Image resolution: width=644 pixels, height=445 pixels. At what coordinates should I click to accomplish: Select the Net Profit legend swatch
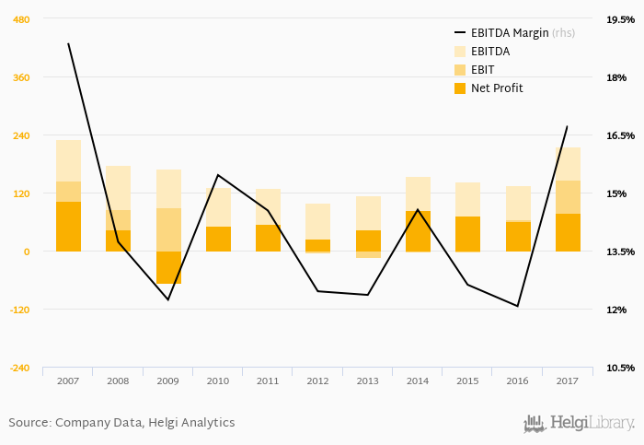click(x=460, y=88)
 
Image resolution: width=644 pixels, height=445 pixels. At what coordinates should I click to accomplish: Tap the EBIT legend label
click(x=482, y=70)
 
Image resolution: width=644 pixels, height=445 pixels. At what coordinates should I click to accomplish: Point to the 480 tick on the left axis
click(x=20, y=19)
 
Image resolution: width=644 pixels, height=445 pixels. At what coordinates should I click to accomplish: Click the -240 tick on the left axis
click(x=19, y=368)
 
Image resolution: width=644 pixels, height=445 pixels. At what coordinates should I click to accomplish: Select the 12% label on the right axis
click(x=616, y=310)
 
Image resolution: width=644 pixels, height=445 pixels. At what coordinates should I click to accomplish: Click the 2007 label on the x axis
click(x=68, y=380)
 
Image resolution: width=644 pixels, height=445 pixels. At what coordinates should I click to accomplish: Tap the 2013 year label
click(x=368, y=380)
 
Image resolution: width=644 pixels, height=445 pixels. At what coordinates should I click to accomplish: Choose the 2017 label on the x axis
click(x=568, y=380)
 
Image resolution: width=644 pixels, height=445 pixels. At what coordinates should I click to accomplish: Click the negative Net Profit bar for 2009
click(x=168, y=267)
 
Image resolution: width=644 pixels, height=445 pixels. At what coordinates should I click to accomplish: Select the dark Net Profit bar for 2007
click(x=68, y=226)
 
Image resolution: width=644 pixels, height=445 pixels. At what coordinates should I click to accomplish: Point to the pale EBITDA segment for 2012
click(x=318, y=221)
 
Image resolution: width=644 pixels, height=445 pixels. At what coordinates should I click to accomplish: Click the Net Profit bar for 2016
click(x=518, y=237)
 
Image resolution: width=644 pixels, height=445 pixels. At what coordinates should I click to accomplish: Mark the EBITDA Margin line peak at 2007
click(x=69, y=43)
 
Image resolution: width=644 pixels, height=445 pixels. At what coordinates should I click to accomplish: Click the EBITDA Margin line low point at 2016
click(x=518, y=306)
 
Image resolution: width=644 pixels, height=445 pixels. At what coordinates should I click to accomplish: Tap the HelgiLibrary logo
click(x=579, y=423)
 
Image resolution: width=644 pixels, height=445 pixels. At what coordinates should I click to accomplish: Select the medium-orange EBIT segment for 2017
click(x=568, y=197)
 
